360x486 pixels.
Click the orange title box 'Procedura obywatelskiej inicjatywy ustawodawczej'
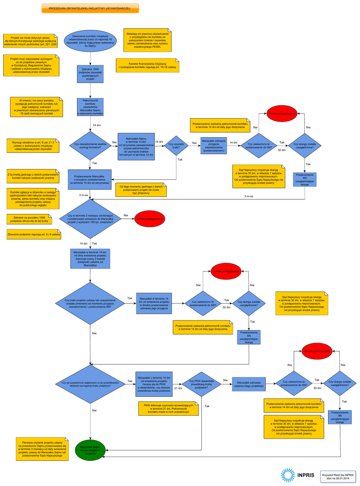[x=90, y=8]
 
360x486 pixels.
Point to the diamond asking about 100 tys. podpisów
[x=90, y=219]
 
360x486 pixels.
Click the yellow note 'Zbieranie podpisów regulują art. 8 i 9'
[x=34, y=234]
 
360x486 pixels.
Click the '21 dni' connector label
[x=178, y=388]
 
